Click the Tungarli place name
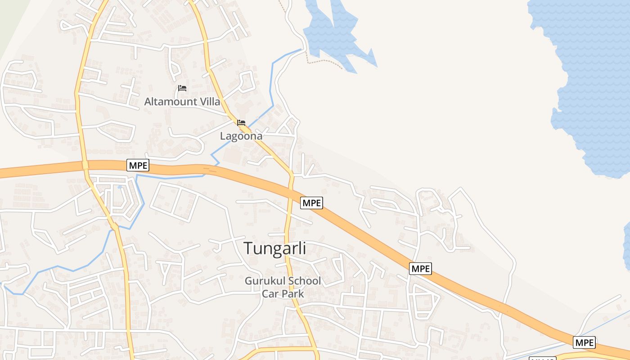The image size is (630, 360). tap(274, 248)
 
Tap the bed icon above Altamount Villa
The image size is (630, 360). tap(182, 88)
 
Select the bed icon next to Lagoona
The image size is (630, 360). tap(241, 123)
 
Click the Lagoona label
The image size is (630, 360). tap(241, 136)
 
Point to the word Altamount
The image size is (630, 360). tap(171, 102)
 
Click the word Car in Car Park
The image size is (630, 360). tap(270, 294)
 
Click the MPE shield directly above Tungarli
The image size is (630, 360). tap(312, 203)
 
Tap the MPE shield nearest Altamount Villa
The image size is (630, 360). tap(138, 165)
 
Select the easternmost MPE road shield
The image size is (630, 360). tap(585, 342)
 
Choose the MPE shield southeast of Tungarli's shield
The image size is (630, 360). tap(421, 269)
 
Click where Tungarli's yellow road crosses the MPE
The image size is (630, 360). tap(290, 189)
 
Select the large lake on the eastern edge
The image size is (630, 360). tap(589, 81)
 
